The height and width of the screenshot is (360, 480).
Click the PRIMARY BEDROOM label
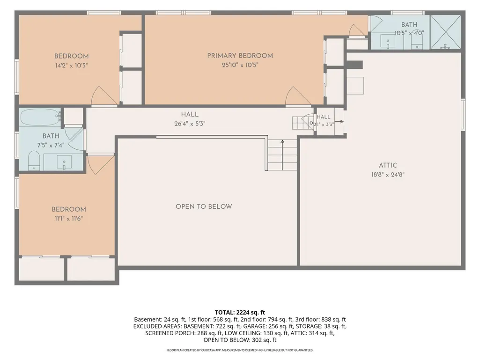[240, 56]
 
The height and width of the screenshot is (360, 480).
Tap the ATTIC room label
[388, 165]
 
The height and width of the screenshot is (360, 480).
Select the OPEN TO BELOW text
[204, 206]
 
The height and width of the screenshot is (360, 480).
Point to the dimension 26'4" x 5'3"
[190, 124]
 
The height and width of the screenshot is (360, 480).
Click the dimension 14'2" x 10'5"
[72, 65]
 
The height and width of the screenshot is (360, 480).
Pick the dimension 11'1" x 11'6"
[69, 219]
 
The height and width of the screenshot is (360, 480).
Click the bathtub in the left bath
[40, 117]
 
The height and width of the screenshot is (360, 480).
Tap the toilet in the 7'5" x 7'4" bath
[34, 161]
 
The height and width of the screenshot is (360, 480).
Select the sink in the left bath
[64, 162]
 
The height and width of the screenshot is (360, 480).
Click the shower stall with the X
[445, 32]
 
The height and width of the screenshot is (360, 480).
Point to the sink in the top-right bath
[388, 41]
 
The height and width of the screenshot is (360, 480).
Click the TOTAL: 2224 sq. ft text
[240, 313]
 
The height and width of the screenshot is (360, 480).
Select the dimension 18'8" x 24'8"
[388, 175]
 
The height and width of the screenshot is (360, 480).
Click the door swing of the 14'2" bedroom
[104, 96]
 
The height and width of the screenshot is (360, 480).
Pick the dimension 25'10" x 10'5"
[240, 65]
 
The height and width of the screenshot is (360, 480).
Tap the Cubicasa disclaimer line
[240, 350]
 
